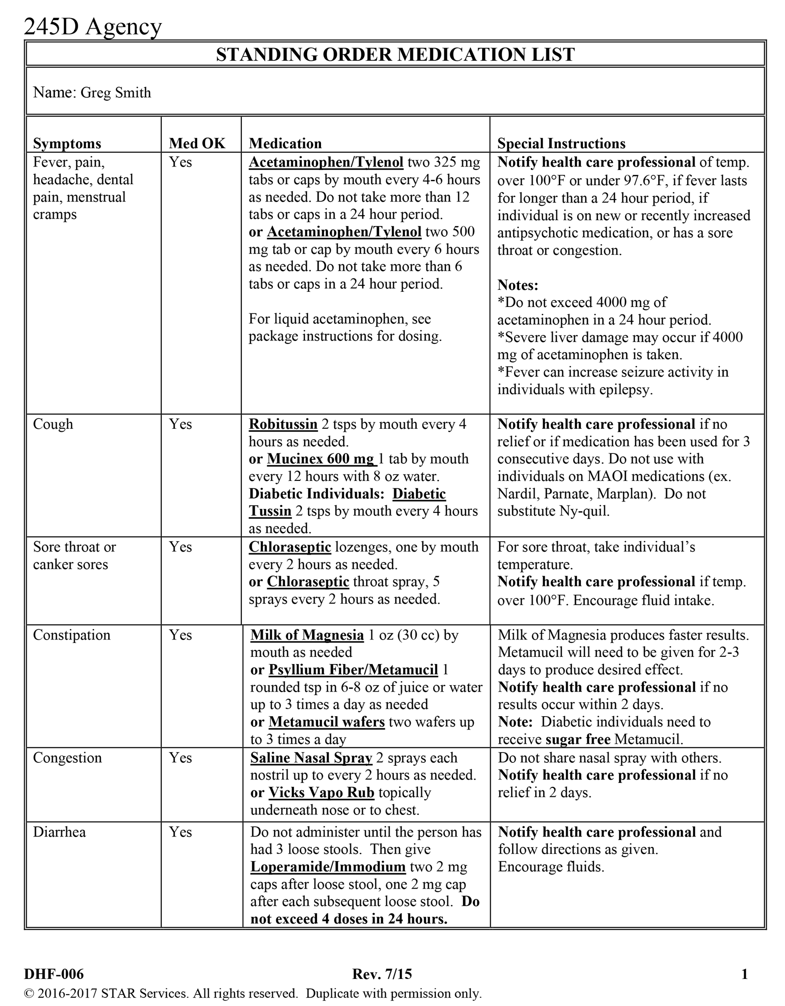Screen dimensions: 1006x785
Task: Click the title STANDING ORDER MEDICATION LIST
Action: [x=395, y=55]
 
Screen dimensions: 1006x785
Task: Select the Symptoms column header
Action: [x=67, y=143]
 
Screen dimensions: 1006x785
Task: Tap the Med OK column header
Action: [x=197, y=143]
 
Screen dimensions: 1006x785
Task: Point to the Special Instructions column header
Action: [x=561, y=143]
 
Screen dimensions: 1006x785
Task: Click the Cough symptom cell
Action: [x=53, y=424]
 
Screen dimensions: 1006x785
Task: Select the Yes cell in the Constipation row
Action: [x=180, y=635]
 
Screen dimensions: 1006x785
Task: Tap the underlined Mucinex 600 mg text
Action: [x=320, y=459]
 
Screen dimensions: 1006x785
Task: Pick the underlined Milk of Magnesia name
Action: [x=307, y=635]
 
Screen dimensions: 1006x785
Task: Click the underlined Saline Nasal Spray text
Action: [x=311, y=758]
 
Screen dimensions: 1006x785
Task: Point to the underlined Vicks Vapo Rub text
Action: [x=321, y=793]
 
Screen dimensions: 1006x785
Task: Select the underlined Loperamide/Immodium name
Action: [x=328, y=867]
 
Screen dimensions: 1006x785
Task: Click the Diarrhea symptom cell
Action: [x=59, y=832]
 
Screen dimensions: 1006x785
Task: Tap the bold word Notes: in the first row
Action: [x=518, y=285]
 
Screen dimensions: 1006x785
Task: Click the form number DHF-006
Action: [x=54, y=974]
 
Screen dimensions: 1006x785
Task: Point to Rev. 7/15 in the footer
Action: [x=382, y=974]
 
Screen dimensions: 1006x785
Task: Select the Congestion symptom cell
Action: [x=67, y=758]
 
